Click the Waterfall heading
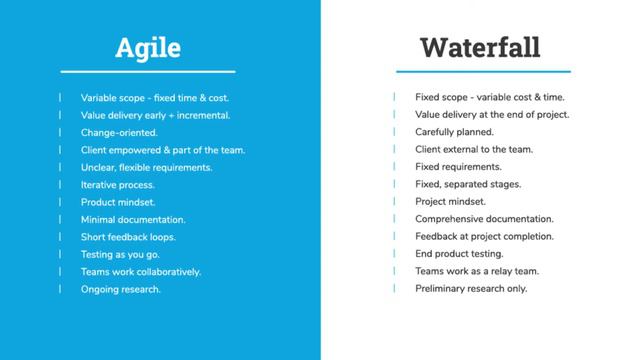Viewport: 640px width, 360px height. [x=480, y=46]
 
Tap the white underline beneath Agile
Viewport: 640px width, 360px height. [x=147, y=72]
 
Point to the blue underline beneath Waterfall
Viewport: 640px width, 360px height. [x=483, y=72]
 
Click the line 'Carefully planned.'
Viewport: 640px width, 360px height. [x=454, y=132]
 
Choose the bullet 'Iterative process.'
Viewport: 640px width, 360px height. [x=118, y=185]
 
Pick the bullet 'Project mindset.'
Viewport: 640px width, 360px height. [x=450, y=202]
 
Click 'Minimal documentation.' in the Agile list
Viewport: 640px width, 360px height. [x=133, y=219]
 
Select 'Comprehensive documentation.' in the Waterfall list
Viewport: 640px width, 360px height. [x=484, y=219]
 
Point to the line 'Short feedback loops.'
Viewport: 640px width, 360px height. [x=128, y=237]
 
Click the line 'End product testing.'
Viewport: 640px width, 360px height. [x=459, y=254]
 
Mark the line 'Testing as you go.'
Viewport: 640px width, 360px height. [x=121, y=254]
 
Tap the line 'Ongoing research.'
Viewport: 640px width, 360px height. [x=120, y=289]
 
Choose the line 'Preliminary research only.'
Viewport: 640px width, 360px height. [x=471, y=289]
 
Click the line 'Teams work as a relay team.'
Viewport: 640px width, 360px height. [x=477, y=271]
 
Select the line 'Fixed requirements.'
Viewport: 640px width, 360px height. [x=458, y=167]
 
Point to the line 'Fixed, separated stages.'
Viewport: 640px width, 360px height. [x=468, y=185]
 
